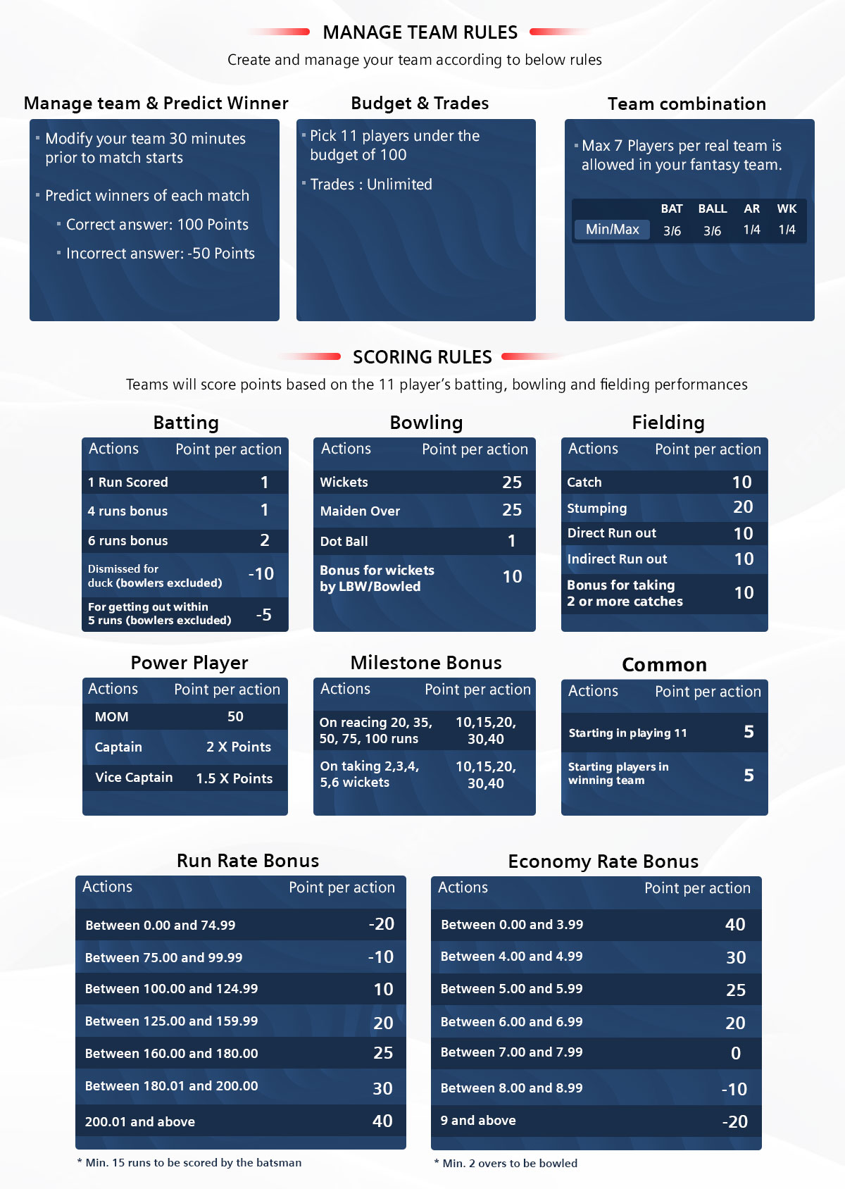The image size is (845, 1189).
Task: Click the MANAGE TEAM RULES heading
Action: [x=420, y=32]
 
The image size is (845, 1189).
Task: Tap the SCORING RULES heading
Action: [x=422, y=357]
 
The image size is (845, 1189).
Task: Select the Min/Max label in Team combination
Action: [x=612, y=230]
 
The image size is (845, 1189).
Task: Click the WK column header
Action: [x=787, y=208]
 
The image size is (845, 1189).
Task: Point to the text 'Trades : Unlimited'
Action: [x=371, y=185]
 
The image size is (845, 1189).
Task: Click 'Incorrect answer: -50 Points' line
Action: [x=160, y=254]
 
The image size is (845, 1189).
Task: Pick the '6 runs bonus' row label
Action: [x=127, y=541]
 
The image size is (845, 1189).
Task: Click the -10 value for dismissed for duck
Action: [x=261, y=574]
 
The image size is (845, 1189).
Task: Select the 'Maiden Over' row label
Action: [x=360, y=511]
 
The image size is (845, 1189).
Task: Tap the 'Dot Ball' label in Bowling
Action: [x=344, y=542]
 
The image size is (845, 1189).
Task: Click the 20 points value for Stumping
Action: [x=743, y=507]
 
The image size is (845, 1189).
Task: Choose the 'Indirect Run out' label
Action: [x=617, y=559]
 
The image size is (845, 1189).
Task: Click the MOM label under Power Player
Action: [x=111, y=717]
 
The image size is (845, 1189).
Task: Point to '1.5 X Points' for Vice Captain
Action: [x=234, y=778]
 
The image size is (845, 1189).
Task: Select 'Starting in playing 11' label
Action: [x=627, y=733]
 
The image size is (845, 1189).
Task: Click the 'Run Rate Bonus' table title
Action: [x=248, y=861]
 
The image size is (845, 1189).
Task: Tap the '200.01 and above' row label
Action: [x=139, y=1122]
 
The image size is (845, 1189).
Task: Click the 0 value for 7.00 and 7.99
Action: [x=735, y=1054]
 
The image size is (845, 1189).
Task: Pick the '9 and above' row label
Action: [x=478, y=1121]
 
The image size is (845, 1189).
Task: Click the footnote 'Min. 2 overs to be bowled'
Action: [x=509, y=1164]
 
